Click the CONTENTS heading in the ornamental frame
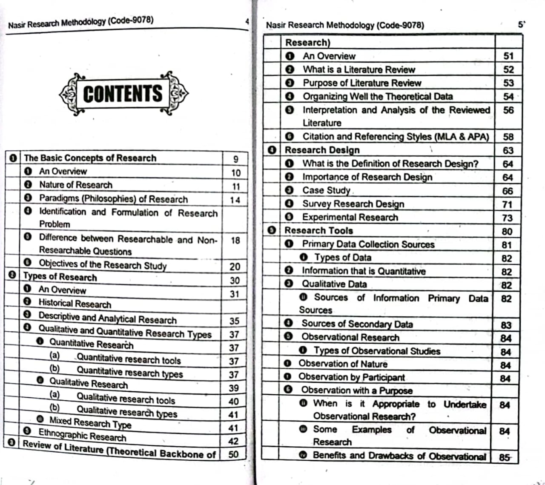123,94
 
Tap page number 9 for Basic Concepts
235,159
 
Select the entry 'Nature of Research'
76,185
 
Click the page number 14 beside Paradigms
235,200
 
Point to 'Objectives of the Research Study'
103,264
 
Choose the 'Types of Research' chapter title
60,277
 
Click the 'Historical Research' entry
75,304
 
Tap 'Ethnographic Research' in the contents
82,435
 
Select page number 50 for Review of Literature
233,454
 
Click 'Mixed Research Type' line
90,422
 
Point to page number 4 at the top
247,21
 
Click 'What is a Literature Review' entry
359,69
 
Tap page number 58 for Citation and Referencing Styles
508,137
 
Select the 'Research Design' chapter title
322,150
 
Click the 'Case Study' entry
327,190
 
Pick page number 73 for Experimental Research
507,218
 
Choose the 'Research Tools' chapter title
318,230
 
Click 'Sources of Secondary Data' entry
357,324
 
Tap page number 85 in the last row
505,457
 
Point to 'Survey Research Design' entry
353,204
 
